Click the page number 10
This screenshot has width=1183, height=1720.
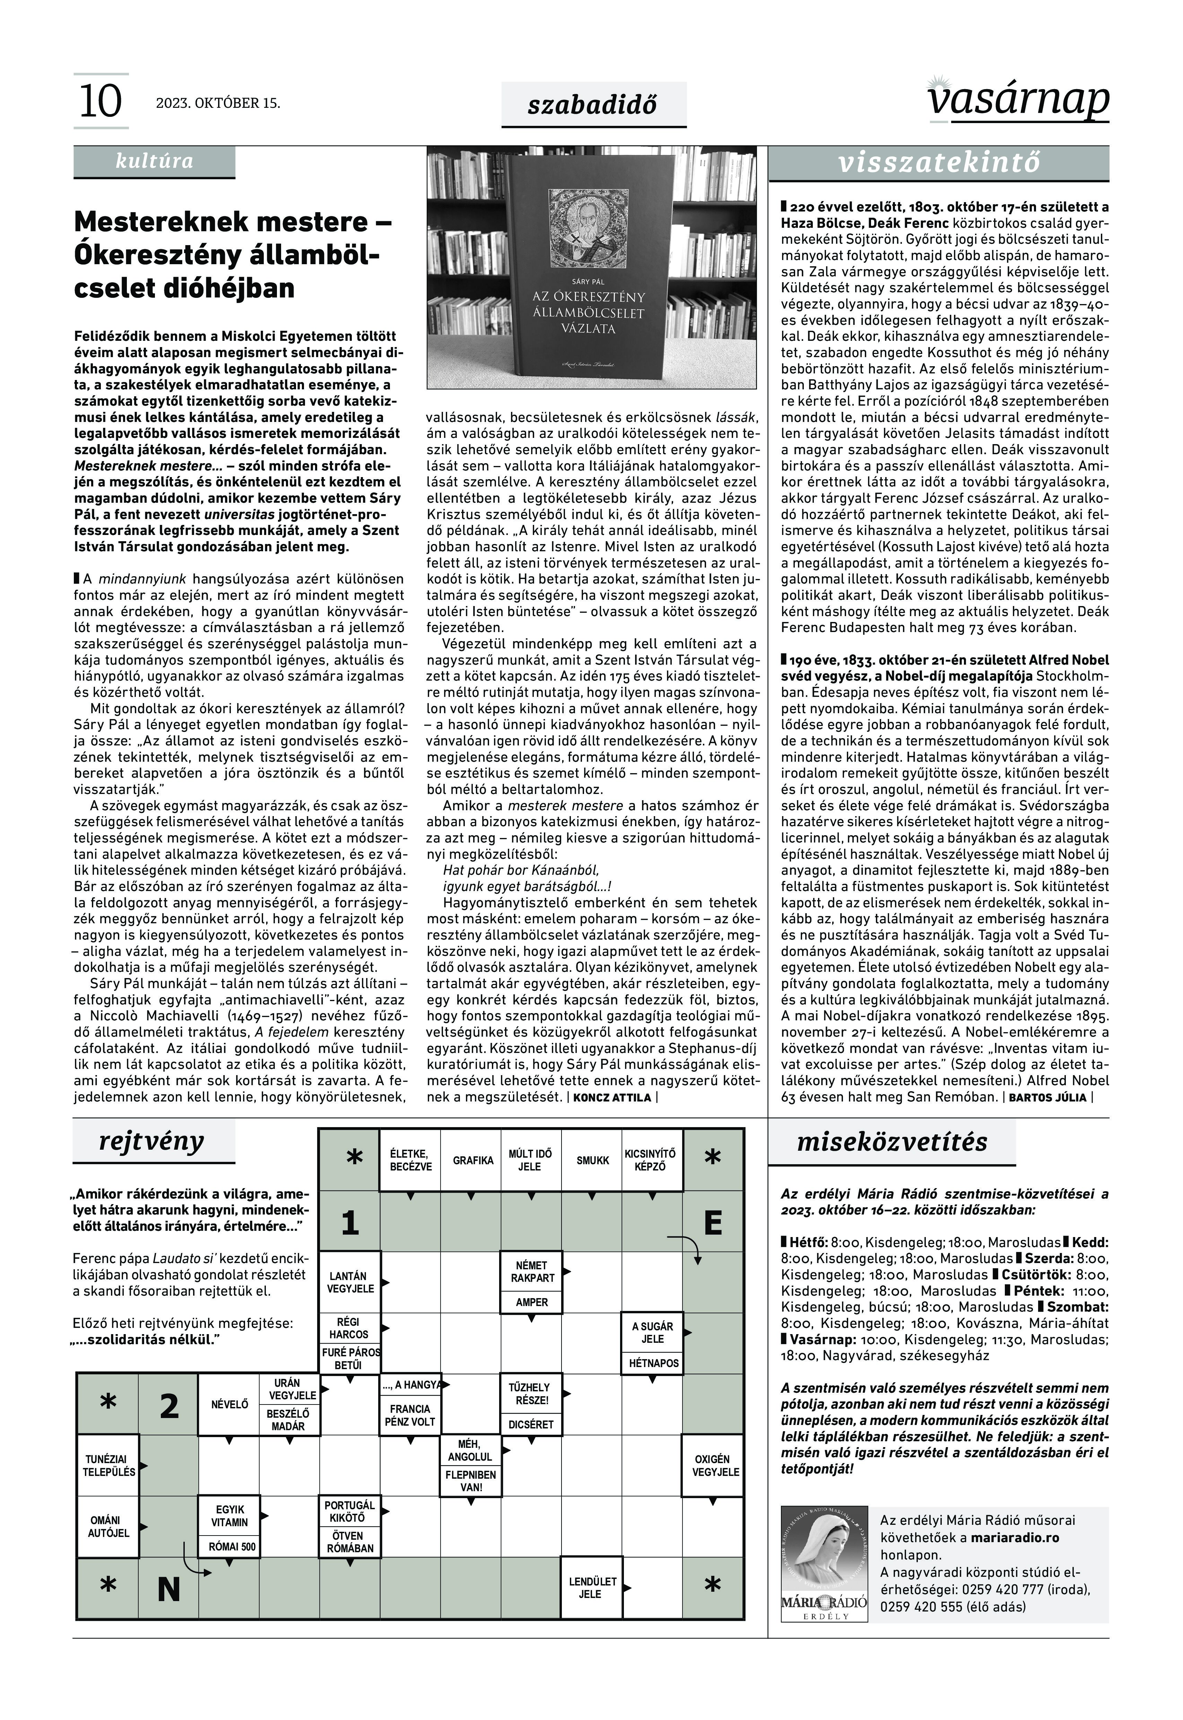pos(100,102)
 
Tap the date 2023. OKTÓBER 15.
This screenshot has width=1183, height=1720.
pos(218,103)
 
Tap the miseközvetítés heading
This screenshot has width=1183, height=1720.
pos(892,1142)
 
